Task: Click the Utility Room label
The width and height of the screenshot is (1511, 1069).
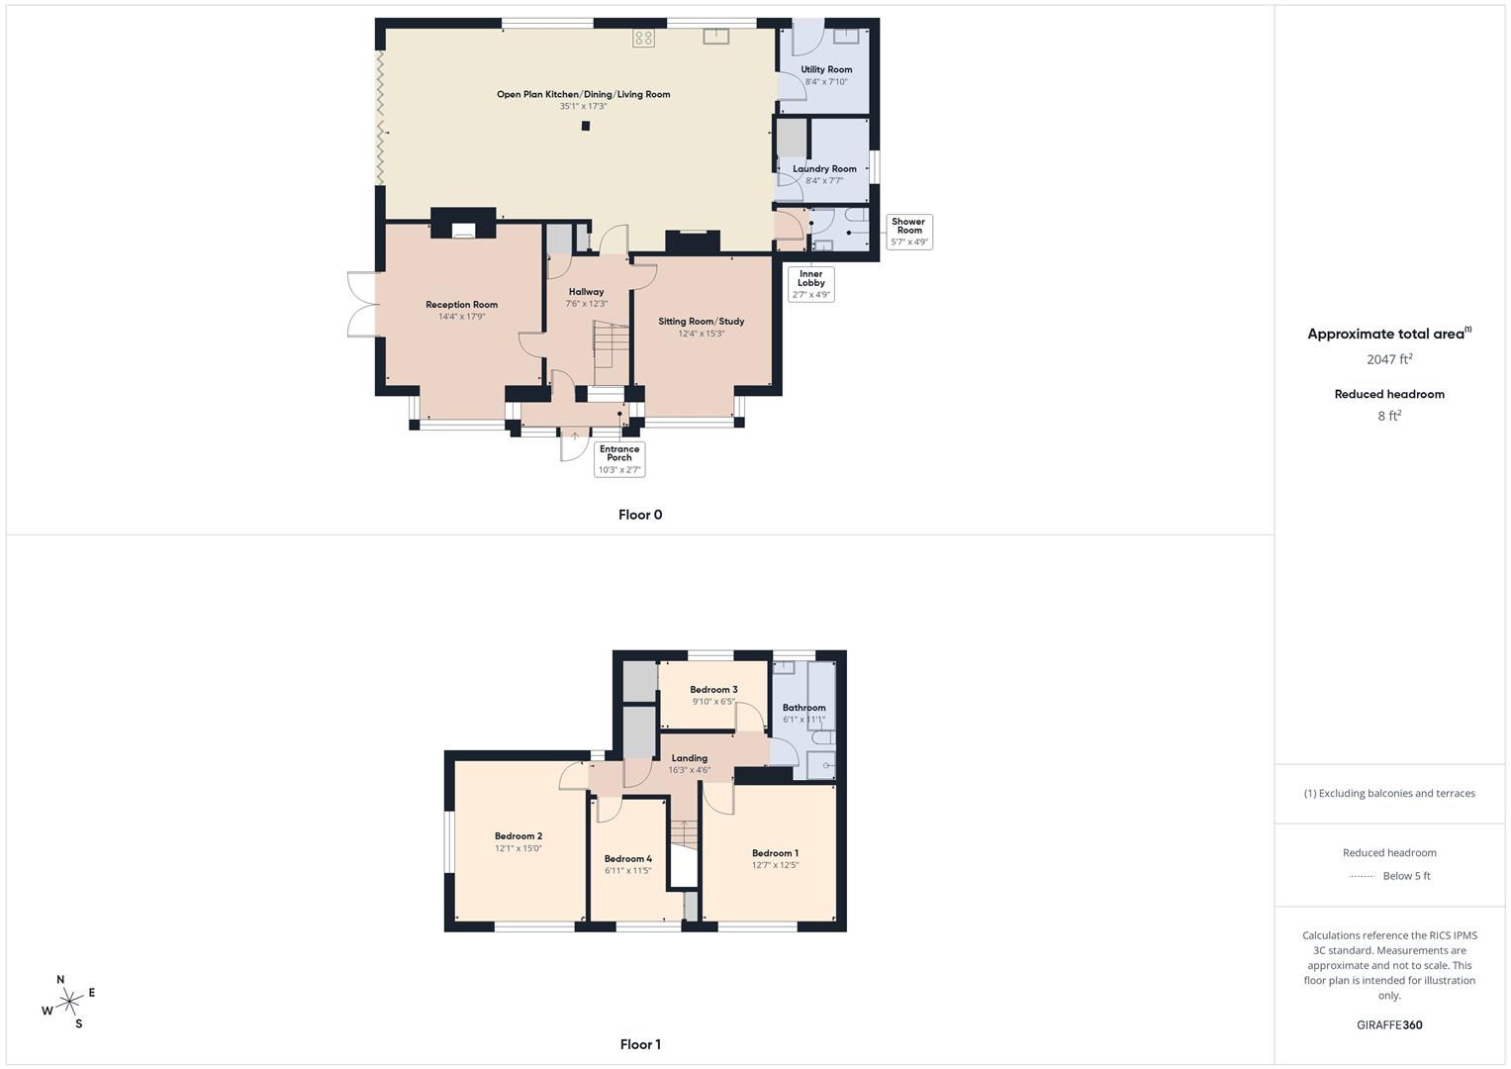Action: point(826,70)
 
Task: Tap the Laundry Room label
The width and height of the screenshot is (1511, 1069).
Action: point(824,169)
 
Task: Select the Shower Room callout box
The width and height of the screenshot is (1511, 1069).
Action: point(909,232)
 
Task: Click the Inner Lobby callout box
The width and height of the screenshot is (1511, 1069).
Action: point(811,284)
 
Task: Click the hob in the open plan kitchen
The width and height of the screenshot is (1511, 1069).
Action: point(643,38)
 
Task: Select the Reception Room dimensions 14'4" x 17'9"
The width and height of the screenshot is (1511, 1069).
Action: point(461,317)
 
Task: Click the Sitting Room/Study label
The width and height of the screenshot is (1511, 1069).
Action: point(701,322)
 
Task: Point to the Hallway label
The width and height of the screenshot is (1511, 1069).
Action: point(586,292)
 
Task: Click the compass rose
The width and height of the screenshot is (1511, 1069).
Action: point(69,1002)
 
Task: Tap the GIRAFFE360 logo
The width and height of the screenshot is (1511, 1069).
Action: point(1389,1025)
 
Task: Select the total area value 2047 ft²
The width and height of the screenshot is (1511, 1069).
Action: point(1389,359)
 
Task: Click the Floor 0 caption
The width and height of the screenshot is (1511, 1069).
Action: point(640,515)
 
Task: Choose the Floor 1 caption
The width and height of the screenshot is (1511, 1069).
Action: point(640,1044)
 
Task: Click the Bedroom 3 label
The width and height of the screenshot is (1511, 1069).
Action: point(713,690)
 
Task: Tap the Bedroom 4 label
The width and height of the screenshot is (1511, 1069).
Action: point(627,859)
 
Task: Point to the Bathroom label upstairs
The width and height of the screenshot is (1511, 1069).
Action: point(803,708)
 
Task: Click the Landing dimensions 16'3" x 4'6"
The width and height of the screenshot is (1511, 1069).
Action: point(689,770)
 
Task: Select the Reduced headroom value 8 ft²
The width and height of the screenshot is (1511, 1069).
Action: point(1389,416)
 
